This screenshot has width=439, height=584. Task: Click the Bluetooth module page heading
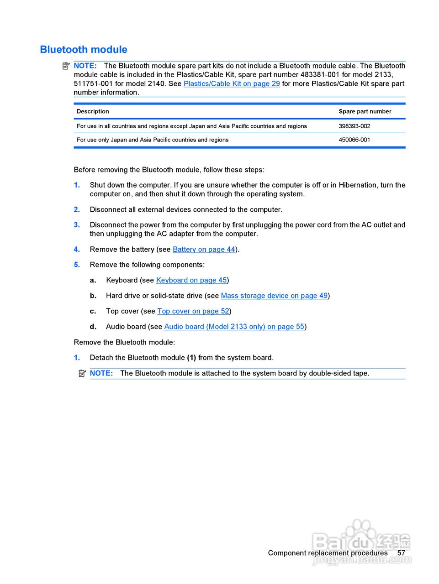84,49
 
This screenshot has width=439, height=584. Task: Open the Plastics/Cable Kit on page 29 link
232,83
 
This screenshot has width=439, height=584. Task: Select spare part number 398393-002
354,126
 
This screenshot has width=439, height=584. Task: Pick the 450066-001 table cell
354,140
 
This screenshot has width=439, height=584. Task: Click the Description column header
93,111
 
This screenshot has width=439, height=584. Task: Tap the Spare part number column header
365,111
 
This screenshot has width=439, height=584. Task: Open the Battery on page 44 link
204,249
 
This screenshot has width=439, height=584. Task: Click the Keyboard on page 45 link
191,280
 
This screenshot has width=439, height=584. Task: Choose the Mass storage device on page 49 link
274,296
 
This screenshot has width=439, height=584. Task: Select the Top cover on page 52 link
193,311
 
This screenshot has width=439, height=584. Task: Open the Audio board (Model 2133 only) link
234,327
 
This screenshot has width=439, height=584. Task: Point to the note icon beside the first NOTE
66,66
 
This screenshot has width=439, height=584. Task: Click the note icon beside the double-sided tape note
82,373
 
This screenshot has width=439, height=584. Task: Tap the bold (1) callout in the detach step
191,358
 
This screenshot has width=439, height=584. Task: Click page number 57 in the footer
401,553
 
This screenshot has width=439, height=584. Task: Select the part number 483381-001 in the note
320,74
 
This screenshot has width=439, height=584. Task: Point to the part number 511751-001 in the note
93,83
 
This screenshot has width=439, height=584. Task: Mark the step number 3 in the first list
77,225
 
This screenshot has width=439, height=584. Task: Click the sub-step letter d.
93,327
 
